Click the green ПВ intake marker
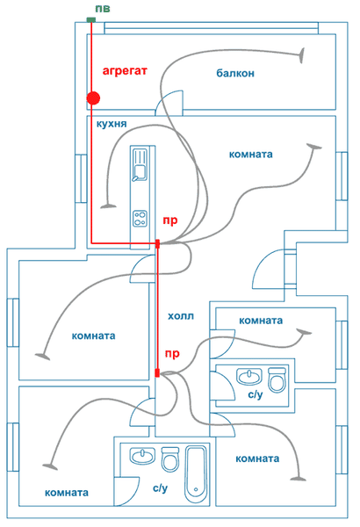(x=91, y=20)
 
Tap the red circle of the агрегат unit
(x=93, y=98)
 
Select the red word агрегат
(x=125, y=71)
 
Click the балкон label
(x=235, y=73)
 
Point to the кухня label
(x=112, y=124)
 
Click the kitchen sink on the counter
(x=139, y=165)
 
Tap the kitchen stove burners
(x=140, y=219)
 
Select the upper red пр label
(x=170, y=220)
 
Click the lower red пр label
(x=172, y=354)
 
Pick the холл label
(x=181, y=316)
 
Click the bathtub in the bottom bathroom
(x=196, y=474)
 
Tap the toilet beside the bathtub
(x=170, y=458)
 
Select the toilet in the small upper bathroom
(x=277, y=379)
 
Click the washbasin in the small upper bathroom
(x=249, y=377)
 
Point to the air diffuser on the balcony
(x=302, y=55)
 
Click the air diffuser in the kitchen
(x=109, y=206)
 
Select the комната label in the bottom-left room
(x=67, y=493)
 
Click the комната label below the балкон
(x=251, y=155)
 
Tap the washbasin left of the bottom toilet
(x=142, y=456)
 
